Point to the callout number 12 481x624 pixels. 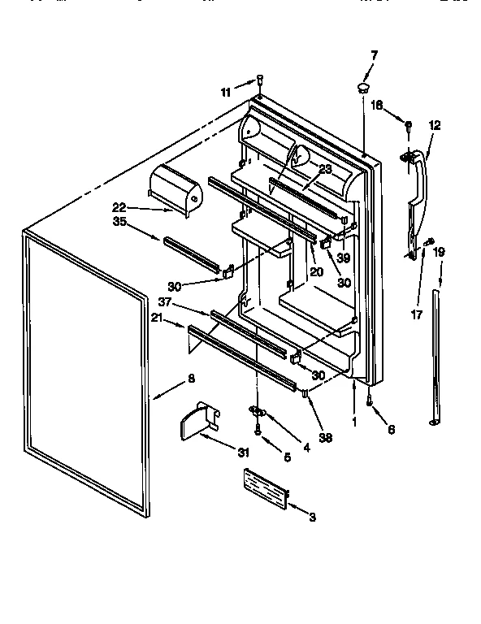(x=435, y=125)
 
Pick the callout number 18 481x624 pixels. (x=377, y=106)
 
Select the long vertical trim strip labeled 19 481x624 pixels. (x=436, y=357)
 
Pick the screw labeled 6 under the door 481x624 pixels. (x=369, y=401)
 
